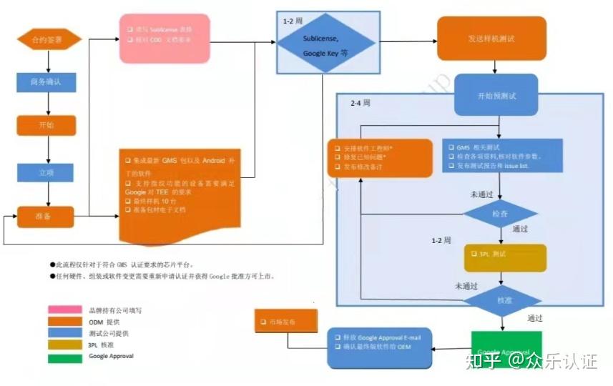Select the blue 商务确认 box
[46, 82]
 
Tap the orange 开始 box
[46, 125]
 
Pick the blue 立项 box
[46, 172]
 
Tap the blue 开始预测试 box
[496, 95]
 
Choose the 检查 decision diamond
[500, 214]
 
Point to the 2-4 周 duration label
[361, 103]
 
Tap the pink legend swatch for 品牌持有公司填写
[64, 310]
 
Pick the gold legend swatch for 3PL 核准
[64, 345]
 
